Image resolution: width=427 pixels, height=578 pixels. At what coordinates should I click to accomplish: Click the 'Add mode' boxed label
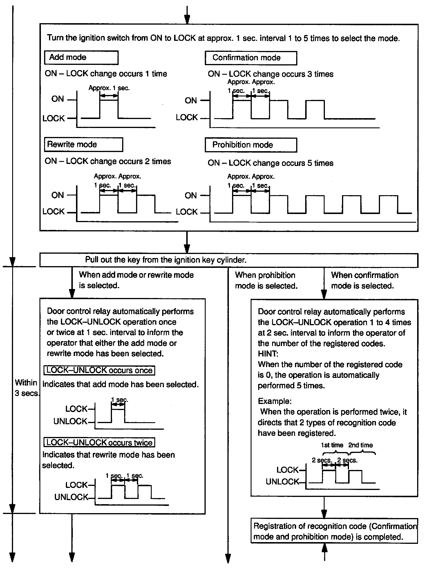pos(81,57)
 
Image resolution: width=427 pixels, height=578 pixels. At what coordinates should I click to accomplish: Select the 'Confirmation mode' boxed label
pos(251,58)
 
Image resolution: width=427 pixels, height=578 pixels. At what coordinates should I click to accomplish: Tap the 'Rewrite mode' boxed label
pos(83,144)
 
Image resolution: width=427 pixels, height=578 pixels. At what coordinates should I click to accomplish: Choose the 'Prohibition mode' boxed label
pos(251,145)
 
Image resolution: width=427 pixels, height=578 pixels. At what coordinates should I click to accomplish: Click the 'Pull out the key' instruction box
pos(229,260)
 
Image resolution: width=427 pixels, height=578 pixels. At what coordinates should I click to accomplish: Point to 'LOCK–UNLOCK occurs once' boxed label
pos(99,370)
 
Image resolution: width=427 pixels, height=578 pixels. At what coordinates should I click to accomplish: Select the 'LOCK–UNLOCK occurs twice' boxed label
pos(99,442)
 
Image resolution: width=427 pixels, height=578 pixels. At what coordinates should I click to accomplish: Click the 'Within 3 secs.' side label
pos(26,388)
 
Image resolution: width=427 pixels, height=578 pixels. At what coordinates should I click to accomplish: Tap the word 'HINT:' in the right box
pos(268,354)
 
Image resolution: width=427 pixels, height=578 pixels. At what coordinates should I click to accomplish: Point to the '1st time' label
pos(332,445)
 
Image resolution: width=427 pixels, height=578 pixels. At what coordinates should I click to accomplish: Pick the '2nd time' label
pos(361,445)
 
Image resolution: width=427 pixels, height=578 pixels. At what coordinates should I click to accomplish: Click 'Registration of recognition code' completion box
pos(334,531)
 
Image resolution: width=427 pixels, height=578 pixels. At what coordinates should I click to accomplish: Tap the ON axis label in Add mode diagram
pos(57,99)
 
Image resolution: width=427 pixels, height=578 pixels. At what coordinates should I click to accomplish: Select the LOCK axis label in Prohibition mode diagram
pos(187,212)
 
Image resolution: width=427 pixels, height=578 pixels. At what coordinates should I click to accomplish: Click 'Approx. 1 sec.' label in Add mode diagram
pos(109,88)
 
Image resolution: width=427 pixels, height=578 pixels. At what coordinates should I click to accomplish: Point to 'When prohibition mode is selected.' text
pos(266,280)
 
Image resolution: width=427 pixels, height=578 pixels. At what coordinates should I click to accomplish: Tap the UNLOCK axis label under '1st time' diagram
pos(282,482)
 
